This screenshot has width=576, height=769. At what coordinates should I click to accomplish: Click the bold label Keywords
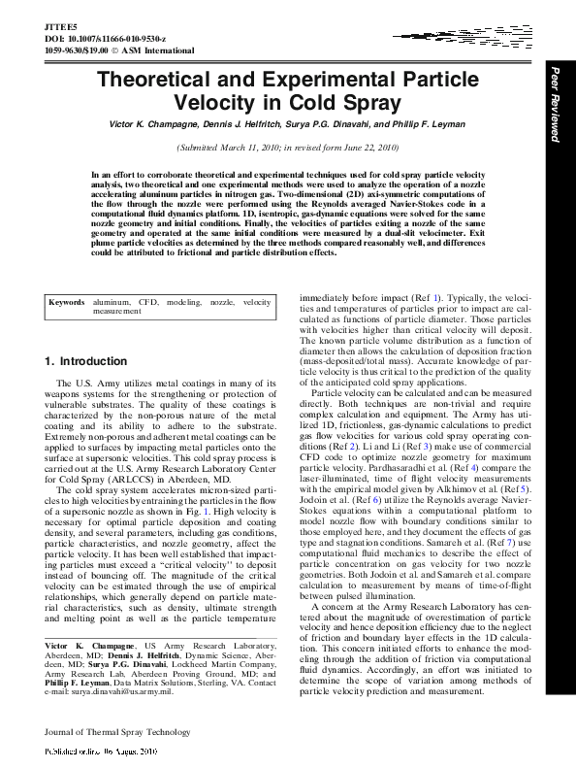tap(69, 303)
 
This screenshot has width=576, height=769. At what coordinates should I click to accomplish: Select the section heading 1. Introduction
tap(86, 361)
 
